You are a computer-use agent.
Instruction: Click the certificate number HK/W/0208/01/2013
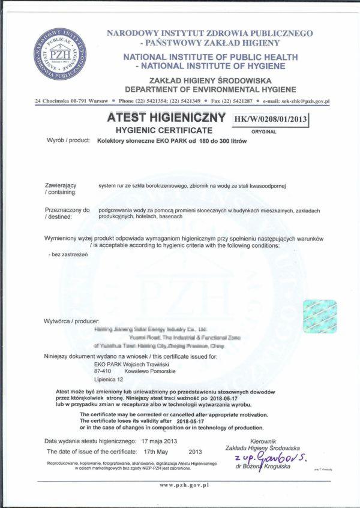(270, 119)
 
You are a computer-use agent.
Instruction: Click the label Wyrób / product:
(68, 140)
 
